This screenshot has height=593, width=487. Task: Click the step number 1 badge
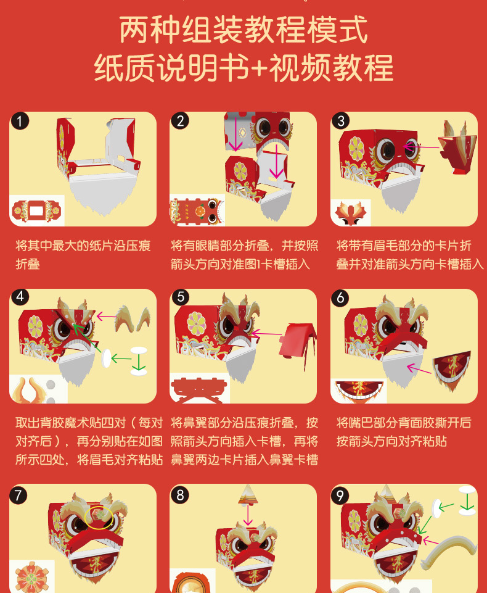point(20,122)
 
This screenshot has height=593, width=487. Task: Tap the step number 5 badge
point(181,297)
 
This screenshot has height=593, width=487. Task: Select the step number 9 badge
point(340,496)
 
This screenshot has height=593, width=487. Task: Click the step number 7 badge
point(18,496)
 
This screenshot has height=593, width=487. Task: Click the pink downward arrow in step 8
point(248,515)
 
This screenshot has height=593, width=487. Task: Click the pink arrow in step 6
point(419,368)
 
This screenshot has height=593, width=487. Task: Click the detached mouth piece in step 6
point(452,369)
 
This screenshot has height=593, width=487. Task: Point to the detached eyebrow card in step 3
point(458,148)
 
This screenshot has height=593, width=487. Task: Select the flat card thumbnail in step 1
point(36,210)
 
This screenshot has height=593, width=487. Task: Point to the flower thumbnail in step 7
point(31,577)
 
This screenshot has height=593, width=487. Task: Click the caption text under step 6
point(404,432)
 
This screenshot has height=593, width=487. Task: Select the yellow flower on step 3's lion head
point(356,149)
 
